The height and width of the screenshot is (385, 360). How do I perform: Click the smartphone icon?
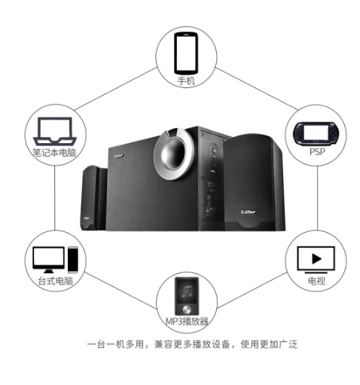tap(186, 53)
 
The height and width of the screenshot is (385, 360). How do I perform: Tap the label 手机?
tap(186, 81)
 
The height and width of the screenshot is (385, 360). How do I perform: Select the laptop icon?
tap(55, 131)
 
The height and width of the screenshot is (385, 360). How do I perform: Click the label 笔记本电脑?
tap(54, 153)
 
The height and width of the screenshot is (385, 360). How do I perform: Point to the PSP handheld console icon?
tap(316, 134)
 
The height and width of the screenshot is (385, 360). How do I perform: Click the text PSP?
tap(317, 152)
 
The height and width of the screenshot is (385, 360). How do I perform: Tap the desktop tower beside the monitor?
tap(73, 260)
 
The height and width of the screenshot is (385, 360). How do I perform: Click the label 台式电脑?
tap(55, 281)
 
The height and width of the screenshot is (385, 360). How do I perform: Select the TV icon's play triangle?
tap(316, 258)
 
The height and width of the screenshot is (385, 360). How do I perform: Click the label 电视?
tap(316, 281)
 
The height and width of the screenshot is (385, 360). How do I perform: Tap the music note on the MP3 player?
tap(187, 292)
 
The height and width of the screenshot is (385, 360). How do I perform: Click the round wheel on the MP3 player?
tap(187, 310)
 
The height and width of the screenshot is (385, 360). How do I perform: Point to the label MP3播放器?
tap(187, 321)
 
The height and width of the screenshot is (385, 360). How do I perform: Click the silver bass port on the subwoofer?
tap(174, 154)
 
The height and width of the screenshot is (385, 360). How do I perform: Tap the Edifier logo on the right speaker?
tap(248, 212)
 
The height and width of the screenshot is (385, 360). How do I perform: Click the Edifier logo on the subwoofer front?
tap(119, 156)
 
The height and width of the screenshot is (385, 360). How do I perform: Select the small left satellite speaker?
tap(93, 198)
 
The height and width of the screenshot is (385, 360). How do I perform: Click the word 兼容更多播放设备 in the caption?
tap(192, 344)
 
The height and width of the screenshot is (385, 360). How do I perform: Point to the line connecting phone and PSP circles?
tap(257, 89)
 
